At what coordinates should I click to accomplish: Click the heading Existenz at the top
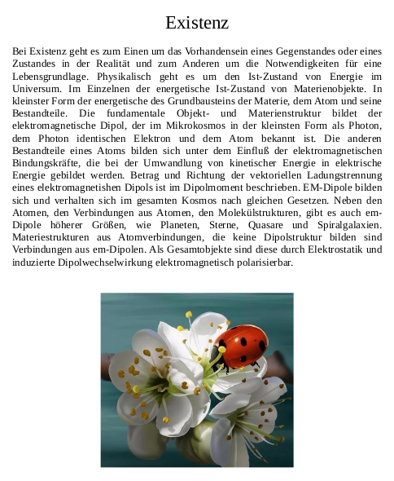[196, 22]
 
